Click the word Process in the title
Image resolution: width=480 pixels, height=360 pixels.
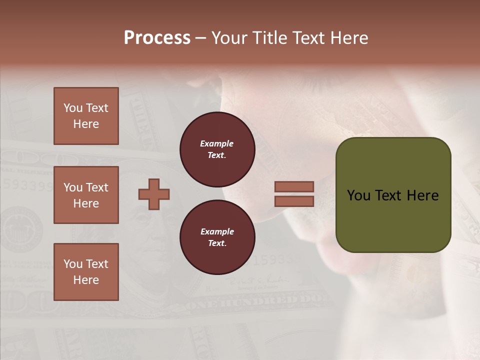(157, 38)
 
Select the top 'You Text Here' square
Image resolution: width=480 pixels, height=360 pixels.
(86, 116)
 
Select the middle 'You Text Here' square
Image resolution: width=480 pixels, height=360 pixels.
(86, 195)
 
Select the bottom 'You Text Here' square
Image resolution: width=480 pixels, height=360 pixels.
(86, 272)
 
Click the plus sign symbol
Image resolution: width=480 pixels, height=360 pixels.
(154, 194)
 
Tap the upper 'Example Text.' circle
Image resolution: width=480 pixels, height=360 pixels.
(217, 149)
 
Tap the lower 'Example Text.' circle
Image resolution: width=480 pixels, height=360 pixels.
(217, 237)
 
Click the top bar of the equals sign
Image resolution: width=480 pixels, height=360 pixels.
(294, 187)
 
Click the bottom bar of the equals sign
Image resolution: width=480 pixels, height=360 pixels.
(294, 201)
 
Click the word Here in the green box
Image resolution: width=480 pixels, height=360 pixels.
(422, 195)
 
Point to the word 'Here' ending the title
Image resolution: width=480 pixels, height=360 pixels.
(350, 38)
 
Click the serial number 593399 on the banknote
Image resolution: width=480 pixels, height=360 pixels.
(27, 185)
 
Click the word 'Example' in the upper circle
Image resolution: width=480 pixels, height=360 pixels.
(217, 143)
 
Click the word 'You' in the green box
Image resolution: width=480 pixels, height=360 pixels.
(359, 195)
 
